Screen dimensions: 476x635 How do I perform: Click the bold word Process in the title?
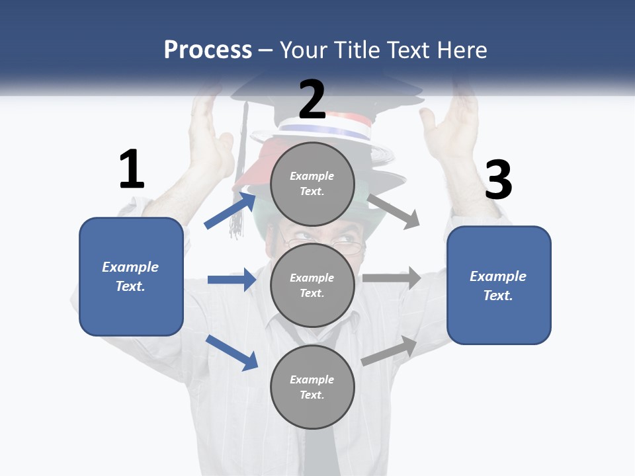coord(208,50)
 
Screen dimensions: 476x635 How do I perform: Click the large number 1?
coord(132,169)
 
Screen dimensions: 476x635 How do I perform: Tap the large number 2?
coord(312,99)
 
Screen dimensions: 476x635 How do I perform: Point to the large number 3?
coord(498,180)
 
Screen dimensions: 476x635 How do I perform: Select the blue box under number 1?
coord(131,276)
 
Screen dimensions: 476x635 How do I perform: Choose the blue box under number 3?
coord(499,285)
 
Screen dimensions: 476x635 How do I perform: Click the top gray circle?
coord(312,184)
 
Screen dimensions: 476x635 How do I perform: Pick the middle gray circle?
coord(312,285)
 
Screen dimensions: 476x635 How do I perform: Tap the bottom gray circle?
coord(312,387)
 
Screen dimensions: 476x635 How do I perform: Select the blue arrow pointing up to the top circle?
coord(230,210)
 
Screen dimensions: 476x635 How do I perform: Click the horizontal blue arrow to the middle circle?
coord(232,280)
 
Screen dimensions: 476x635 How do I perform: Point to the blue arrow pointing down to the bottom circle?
coord(232,352)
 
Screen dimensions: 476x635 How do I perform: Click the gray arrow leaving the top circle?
coord(394,211)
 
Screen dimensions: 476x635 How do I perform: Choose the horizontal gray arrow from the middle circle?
coord(392,278)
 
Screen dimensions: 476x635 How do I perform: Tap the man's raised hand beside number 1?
coord(210,132)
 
